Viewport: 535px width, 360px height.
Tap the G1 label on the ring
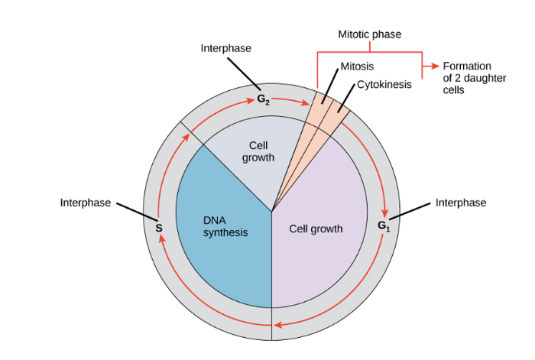[384, 225]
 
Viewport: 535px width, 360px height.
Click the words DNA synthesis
[225, 226]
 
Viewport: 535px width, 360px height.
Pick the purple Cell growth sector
[321, 252]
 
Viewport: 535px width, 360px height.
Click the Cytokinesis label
[384, 84]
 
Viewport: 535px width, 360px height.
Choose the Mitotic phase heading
[370, 34]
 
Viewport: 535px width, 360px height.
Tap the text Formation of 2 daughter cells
[467, 78]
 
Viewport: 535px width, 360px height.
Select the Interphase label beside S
[86, 203]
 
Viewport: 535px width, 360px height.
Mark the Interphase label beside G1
[461, 203]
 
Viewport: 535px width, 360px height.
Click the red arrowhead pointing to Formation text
[435, 66]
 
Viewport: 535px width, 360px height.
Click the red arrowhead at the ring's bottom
[278, 326]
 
